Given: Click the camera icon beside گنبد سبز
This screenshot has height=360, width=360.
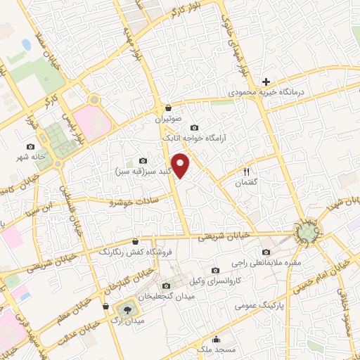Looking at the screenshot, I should tap(143, 160).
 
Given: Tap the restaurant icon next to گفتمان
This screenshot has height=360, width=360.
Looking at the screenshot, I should tap(246, 171).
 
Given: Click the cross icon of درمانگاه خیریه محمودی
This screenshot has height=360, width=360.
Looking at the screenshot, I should tap(266, 82).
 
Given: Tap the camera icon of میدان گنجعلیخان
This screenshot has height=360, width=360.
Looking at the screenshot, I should tap(166, 285).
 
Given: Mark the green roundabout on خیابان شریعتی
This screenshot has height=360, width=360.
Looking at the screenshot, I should tap(307, 233).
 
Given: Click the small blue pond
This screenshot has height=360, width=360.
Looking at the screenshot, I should tap(27, 45).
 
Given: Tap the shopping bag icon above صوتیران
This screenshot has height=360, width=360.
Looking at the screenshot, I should tap(169, 108).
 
